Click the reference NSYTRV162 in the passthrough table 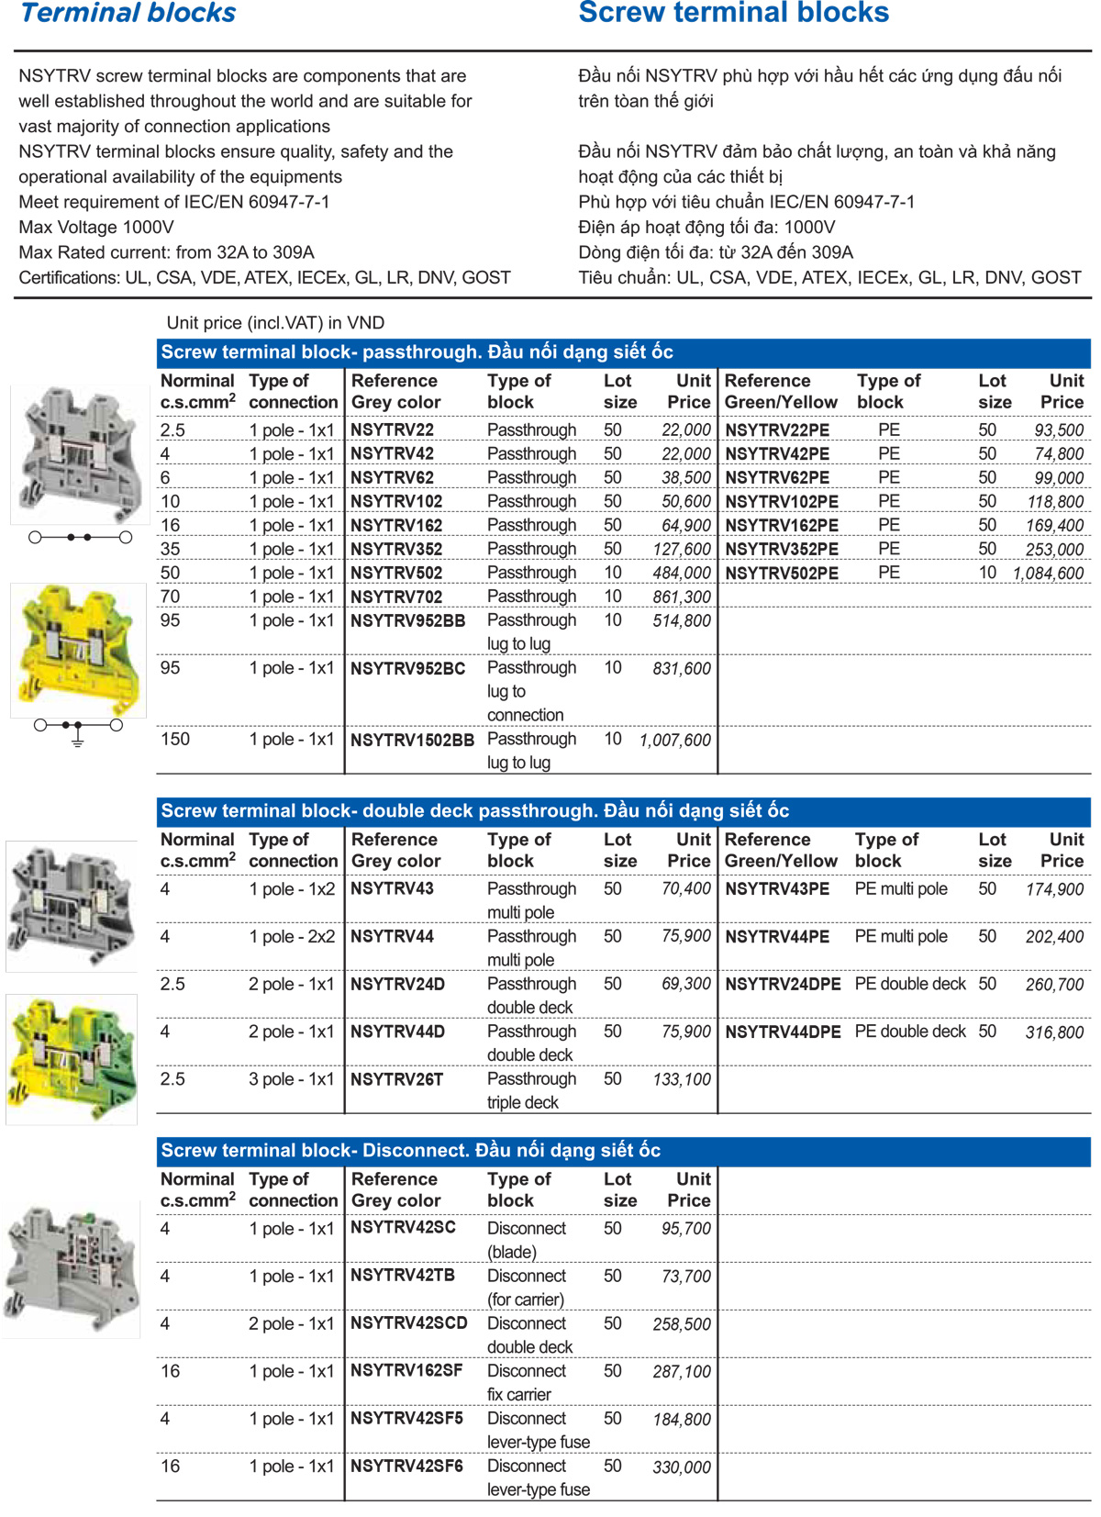click(x=396, y=525)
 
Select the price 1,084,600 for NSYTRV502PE click(x=1048, y=574)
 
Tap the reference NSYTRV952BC click(x=407, y=668)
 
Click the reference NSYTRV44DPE click(x=783, y=1032)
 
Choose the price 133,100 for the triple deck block click(x=682, y=1080)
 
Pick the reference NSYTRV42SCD click(x=409, y=1322)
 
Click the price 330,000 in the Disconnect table click(x=682, y=1467)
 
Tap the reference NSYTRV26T click(x=396, y=1079)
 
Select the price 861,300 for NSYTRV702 click(x=682, y=597)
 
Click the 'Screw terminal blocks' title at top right click(x=733, y=13)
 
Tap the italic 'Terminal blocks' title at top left click(x=128, y=13)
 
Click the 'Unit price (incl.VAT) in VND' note click(x=275, y=323)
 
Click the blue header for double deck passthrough click(x=623, y=810)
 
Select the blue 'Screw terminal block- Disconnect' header click(x=623, y=1150)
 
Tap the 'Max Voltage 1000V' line click(x=96, y=227)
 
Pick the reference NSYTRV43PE click(x=777, y=888)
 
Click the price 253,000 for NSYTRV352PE click(x=1054, y=550)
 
